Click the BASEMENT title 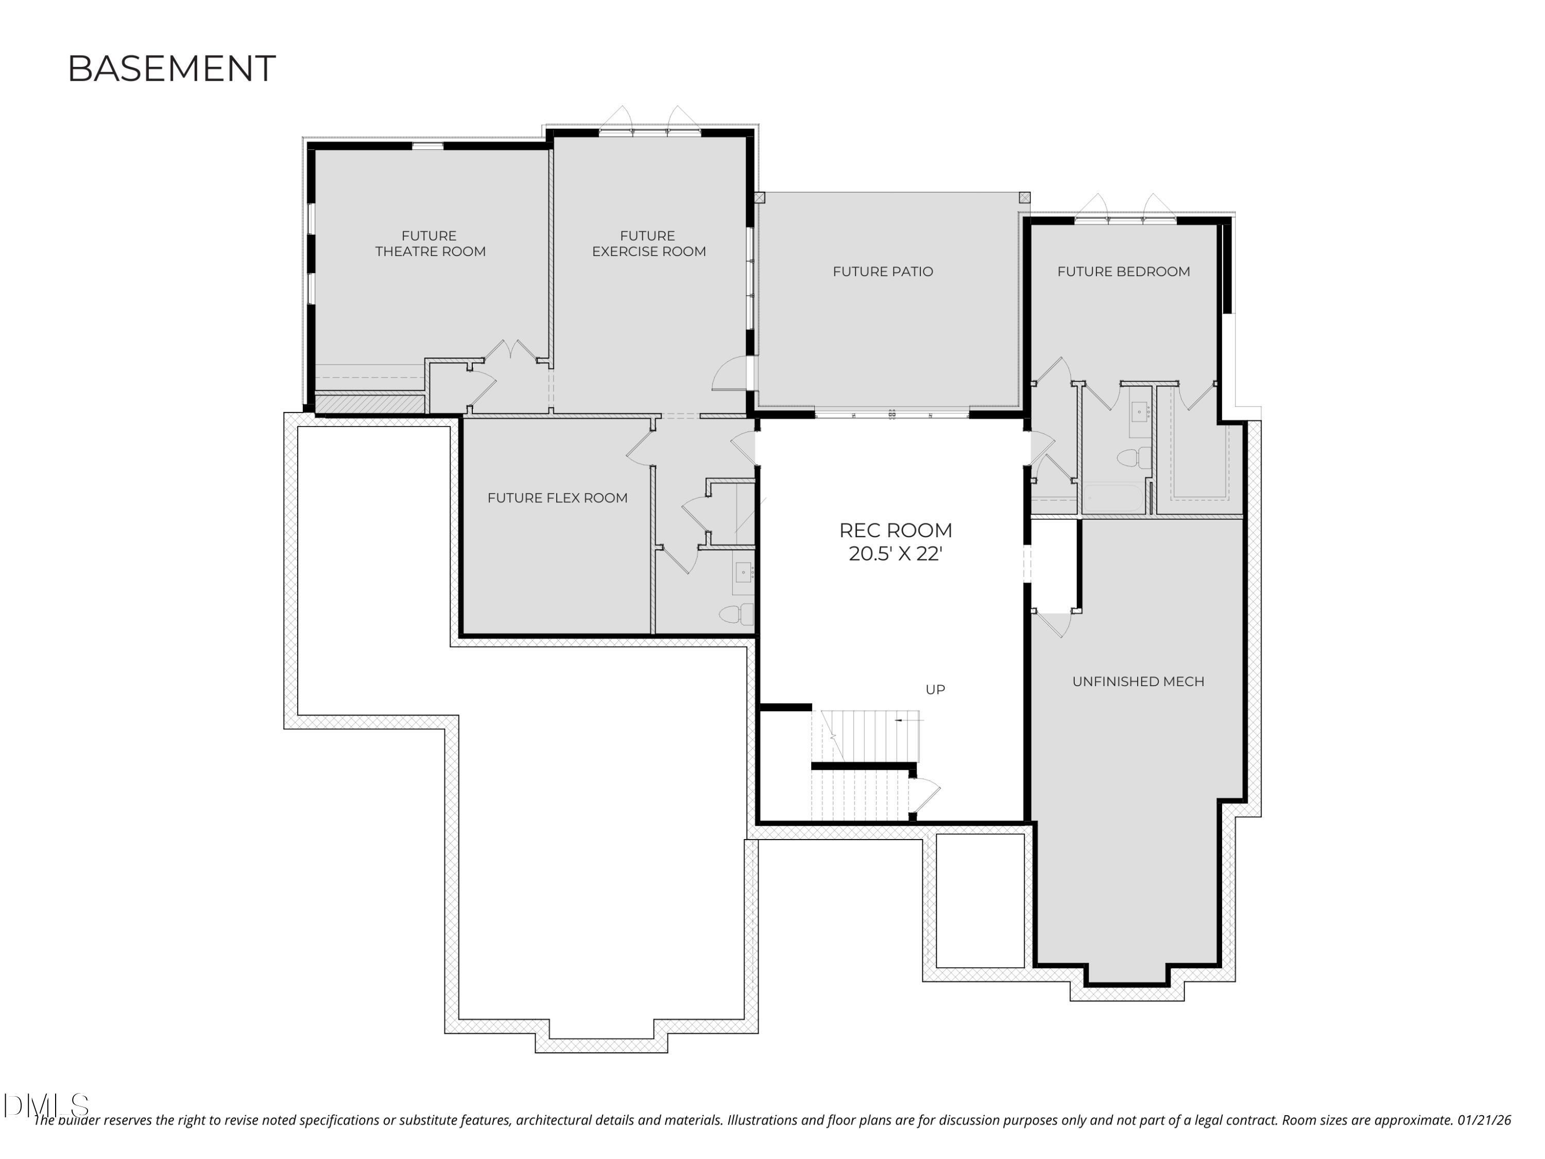click(x=171, y=69)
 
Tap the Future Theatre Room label click(x=430, y=243)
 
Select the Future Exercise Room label click(x=648, y=243)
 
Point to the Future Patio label click(x=882, y=271)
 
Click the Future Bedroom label click(x=1123, y=271)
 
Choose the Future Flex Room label click(x=557, y=498)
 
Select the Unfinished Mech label click(x=1137, y=681)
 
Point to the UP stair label click(x=935, y=690)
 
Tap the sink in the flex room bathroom click(x=743, y=573)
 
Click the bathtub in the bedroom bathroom click(x=1113, y=499)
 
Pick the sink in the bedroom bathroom click(x=1139, y=412)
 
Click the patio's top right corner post click(x=1024, y=198)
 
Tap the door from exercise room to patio click(x=730, y=374)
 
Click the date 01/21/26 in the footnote click(x=1484, y=1120)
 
